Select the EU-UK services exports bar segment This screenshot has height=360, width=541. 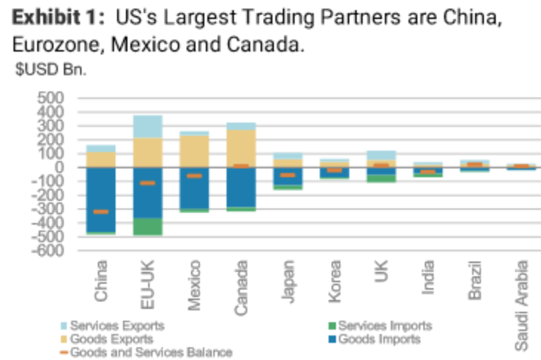coord(148,127)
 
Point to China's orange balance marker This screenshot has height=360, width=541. coord(101,211)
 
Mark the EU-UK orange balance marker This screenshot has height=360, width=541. coord(148,183)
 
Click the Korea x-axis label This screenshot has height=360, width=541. coord(336,277)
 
